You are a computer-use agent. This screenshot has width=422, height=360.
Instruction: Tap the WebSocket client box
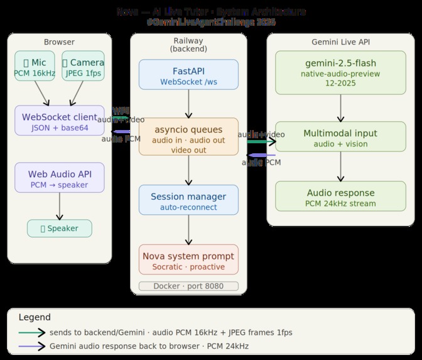click(59, 121)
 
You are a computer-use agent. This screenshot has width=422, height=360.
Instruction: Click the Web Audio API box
click(59, 178)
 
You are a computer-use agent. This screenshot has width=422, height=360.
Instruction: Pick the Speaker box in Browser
click(59, 229)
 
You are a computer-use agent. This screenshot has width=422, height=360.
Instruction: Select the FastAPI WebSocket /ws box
click(188, 75)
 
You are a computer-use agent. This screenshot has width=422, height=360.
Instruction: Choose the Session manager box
click(188, 200)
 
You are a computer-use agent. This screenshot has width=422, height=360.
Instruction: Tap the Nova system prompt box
click(188, 259)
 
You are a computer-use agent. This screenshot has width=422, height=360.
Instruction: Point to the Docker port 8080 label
click(188, 286)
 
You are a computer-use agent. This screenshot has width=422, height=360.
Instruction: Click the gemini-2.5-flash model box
click(340, 73)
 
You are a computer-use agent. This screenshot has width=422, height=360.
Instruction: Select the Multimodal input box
click(340, 137)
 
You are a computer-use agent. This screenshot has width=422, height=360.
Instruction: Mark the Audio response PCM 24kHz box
click(340, 196)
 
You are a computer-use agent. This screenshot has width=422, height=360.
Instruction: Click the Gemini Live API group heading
click(340, 42)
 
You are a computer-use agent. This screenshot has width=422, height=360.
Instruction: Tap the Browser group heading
click(59, 42)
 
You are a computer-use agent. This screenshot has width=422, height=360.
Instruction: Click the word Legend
click(35, 318)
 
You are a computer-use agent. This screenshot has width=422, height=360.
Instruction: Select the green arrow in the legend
click(31, 333)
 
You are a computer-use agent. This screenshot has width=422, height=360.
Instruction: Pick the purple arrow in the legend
click(31, 346)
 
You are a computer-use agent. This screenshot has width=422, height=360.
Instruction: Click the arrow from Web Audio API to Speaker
click(59, 206)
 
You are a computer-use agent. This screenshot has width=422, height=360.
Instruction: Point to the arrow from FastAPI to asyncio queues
click(188, 103)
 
